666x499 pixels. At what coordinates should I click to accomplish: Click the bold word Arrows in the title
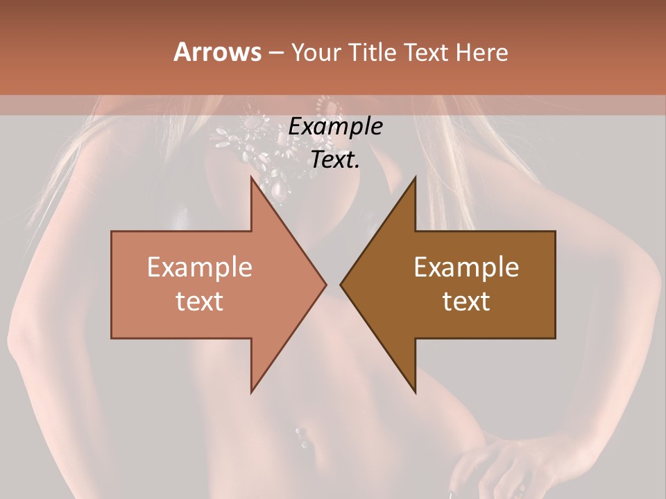(x=218, y=52)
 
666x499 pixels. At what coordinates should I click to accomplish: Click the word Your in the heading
(x=316, y=53)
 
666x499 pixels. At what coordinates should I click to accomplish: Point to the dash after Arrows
(x=275, y=53)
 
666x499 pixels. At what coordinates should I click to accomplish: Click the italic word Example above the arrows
(x=335, y=127)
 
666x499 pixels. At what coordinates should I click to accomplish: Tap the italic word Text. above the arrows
(x=335, y=159)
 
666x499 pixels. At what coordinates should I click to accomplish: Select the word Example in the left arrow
(x=200, y=268)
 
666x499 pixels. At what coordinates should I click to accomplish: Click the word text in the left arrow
(x=200, y=301)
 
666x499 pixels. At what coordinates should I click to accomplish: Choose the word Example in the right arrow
(x=466, y=268)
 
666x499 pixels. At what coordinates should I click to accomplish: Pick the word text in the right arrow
(x=466, y=301)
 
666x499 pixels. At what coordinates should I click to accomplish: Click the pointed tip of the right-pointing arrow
(x=325, y=284)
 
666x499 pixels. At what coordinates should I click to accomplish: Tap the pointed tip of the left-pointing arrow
(x=341, y=284)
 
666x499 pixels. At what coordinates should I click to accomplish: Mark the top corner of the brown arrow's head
(x=415, y=178)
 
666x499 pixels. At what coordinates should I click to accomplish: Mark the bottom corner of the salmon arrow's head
(x=252, y=392)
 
